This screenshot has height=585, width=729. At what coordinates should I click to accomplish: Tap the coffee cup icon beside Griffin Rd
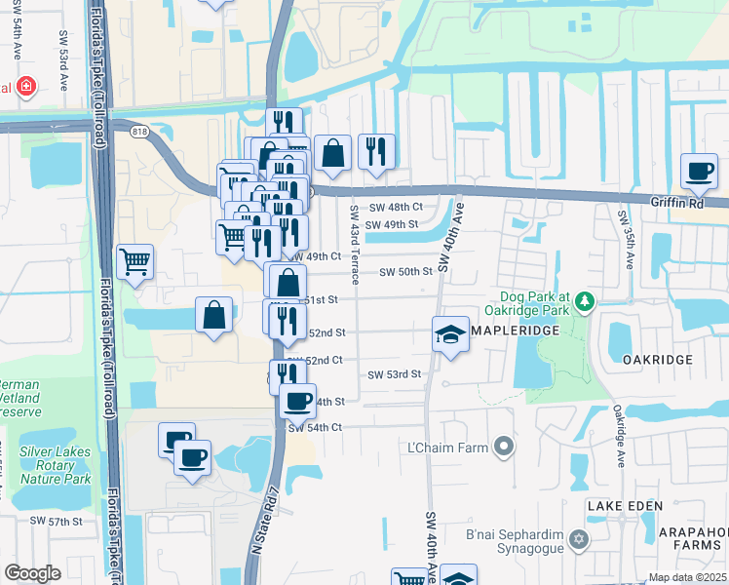[698, 172]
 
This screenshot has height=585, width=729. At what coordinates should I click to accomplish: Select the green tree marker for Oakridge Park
[584, 300]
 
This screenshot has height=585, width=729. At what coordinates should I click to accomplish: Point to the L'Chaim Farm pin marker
[503, 447]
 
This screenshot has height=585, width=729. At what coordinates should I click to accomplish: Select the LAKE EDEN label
[624, 506]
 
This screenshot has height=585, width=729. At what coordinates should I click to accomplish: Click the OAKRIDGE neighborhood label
[658, 360]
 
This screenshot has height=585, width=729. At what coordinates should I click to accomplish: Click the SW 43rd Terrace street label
[355, 244]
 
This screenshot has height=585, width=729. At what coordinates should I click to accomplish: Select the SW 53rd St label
[394, 374]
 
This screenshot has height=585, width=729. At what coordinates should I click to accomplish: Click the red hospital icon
[23, 87]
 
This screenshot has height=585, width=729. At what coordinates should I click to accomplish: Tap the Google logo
[32, 573]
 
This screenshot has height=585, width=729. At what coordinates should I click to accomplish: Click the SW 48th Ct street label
[396, 208]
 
